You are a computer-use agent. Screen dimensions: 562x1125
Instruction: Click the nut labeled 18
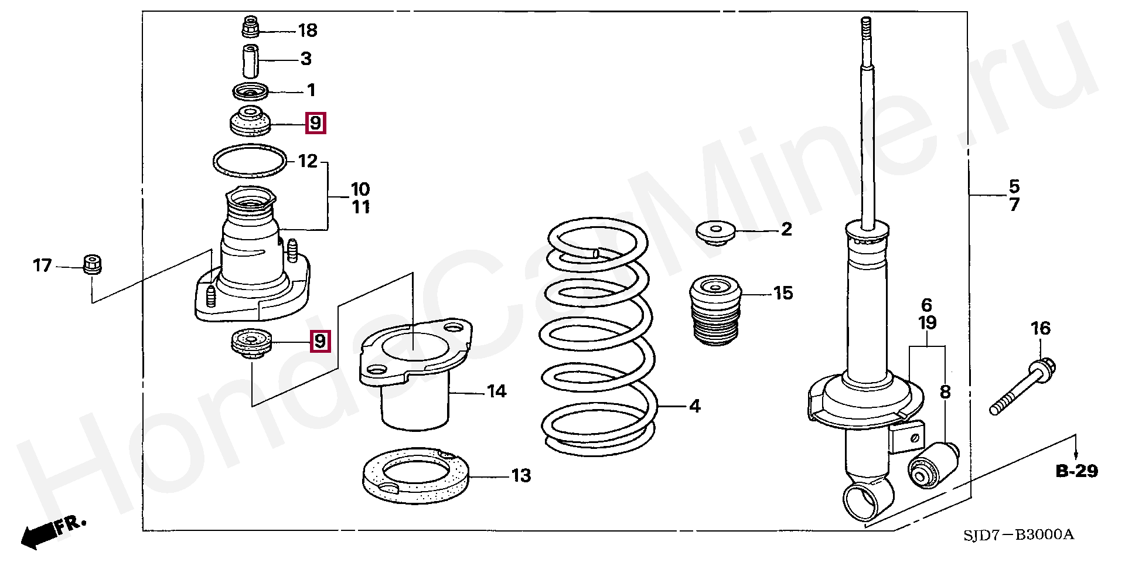click(251, 28)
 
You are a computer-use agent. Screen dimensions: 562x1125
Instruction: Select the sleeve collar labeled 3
click(251, 60)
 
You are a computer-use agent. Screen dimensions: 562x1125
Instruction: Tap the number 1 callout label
click(311, 90)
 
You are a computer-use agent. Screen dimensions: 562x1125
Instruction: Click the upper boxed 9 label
click(315, 123)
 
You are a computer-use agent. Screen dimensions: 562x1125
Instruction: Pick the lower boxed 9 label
click(320, 341)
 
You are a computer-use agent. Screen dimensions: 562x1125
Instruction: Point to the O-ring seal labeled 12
click(250, 161)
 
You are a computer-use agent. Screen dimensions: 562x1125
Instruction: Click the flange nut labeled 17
click(93, 264)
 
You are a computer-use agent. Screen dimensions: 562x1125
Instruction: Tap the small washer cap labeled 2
click(715, 232)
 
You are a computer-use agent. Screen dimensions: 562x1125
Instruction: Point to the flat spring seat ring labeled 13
click(415, 475)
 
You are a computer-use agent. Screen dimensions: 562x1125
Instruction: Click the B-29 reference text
click(1076, 471)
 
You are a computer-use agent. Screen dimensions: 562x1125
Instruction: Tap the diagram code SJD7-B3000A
click(1018, 534)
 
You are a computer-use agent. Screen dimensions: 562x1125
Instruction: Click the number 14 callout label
click(496, 391)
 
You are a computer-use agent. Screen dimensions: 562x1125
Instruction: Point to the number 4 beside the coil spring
click(695, 406)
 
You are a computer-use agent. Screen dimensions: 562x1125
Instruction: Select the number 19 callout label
click(927, 323)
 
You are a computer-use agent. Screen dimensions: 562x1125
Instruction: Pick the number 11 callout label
click(360, 207)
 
